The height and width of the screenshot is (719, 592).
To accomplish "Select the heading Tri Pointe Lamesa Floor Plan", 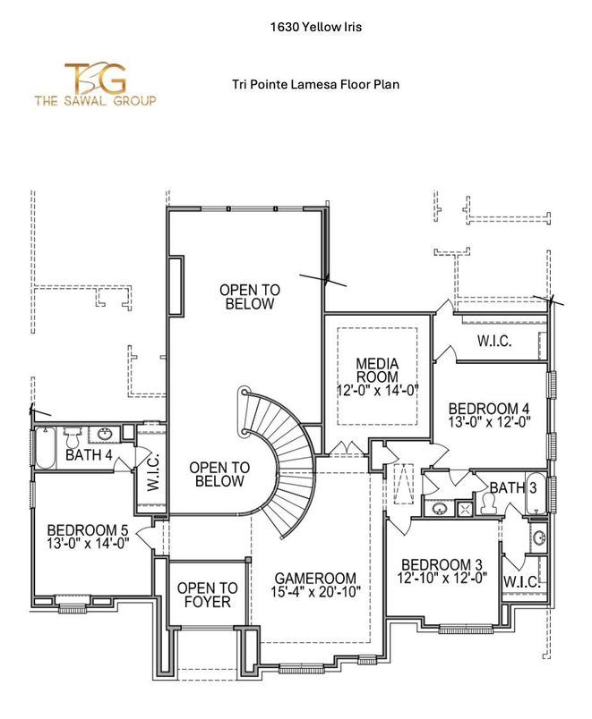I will (x=315, y=85).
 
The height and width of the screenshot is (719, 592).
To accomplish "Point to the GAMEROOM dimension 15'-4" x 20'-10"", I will (x=315, y=594).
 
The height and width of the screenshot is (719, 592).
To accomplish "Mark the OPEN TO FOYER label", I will (x=207, y=595).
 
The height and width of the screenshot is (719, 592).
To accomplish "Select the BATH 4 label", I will (x=89, y=456).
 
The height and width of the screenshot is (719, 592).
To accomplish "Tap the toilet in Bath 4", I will (x=73, y=436).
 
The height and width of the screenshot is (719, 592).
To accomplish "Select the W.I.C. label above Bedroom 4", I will (x=494, y=341).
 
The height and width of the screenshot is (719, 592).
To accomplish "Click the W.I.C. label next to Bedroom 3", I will (x=520, y=582).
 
